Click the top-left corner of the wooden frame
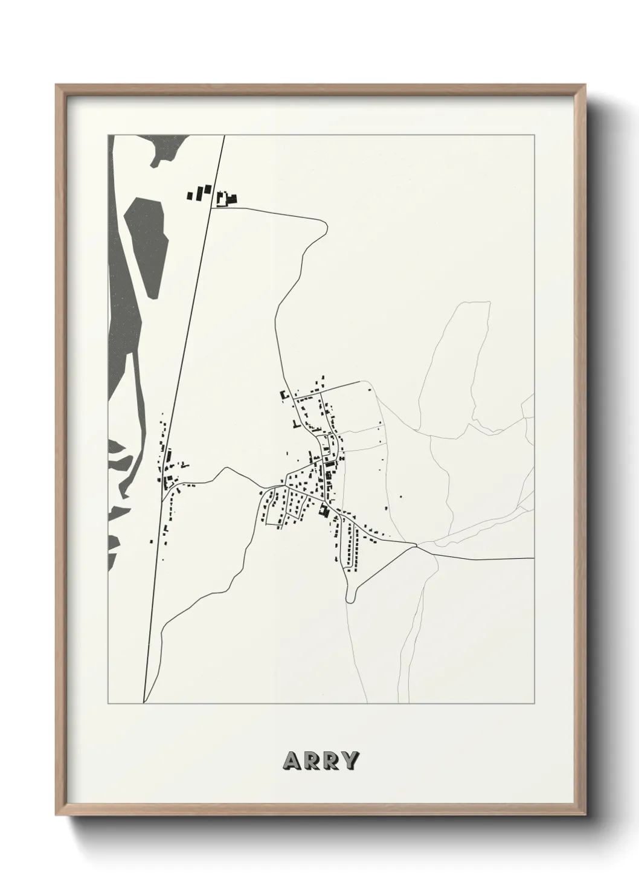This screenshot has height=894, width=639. pos(57,86)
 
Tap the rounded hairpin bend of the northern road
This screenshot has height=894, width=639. pos(324,226)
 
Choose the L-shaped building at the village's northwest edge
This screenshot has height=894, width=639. pos(282,396)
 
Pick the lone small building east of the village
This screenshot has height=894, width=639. pos(401,497)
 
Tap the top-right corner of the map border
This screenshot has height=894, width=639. pos(533,135)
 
